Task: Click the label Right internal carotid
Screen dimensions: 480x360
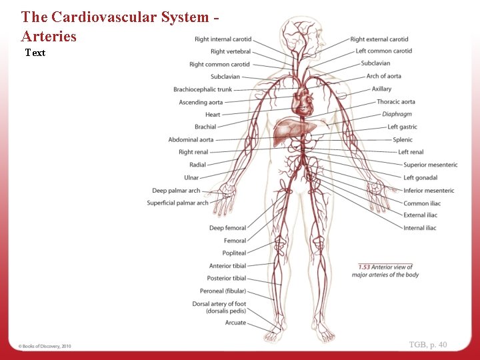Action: pyautogui.click(x=223, y=39)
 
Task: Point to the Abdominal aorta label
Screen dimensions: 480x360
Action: pyautogui.click(x=191, y=139)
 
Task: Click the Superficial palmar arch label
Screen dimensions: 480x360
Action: pyautogui.click(x=177, y=203)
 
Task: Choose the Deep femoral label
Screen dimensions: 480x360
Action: pyautogui.click(x=227, y=228)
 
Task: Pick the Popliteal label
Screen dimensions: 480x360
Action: pyautogui.click(x=234, y=253)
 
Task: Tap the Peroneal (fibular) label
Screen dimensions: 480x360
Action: pyautogui.click(x=223, y=291)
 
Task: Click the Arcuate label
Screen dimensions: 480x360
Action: pyautogui.click(x=235, y=323)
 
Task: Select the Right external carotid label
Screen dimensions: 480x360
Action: pyautogui.click(x=379, y=39)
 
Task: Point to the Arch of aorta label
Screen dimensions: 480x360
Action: pyautogui.click(x=384, y=76)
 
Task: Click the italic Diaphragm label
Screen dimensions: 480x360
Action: pyautogui.click(x=397, y=114)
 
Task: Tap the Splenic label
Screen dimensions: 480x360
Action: pyautogui.click(x=403, y=139)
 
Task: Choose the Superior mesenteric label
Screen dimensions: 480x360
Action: pyautogui.click(x=430, y=165)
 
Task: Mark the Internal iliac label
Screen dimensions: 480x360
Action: pyautogui.click(x=419, y=228)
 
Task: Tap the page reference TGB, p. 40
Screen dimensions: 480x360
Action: pyautogui.click(x=428, y=344)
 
